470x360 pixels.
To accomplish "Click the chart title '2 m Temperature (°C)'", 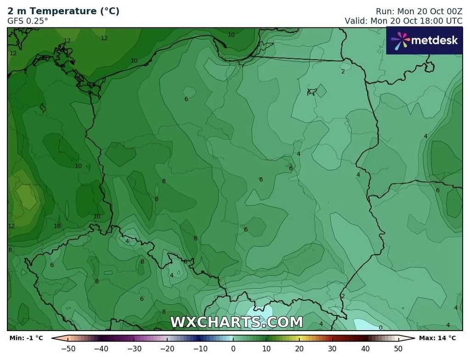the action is click(x=63, y=11).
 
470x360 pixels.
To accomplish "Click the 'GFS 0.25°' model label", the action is click(x=28, y=21).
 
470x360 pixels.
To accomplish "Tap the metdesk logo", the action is click(x=424, y=40).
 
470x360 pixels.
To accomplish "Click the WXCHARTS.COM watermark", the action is click(x=236, y=322).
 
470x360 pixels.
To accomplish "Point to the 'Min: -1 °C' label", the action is click(x=26, y=338).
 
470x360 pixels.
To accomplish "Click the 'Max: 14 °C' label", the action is click(x=437, y=338).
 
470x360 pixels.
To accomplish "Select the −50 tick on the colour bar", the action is click(x=68, y=349).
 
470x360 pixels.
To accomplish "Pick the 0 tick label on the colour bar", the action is click(x=233, y=349).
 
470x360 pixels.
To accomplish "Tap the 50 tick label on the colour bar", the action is click(x=398, y=349).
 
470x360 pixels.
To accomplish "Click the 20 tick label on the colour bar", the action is click(x=299, y=349).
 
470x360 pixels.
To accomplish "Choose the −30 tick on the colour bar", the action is click(x=134, y=349).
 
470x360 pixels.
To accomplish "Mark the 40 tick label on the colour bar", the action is click(x=365, y=349).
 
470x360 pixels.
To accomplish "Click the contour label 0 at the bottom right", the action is click(x=380, y=327).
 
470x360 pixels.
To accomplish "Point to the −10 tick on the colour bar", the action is click(x=200, y=349).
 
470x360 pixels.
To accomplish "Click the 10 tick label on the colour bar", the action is click(x=266, y=349).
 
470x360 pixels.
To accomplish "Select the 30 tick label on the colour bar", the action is click(x=332, y=349).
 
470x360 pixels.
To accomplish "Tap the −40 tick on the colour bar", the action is click(x=101, y=349).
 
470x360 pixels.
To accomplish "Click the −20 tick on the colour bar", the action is click(x=168, y=349).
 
